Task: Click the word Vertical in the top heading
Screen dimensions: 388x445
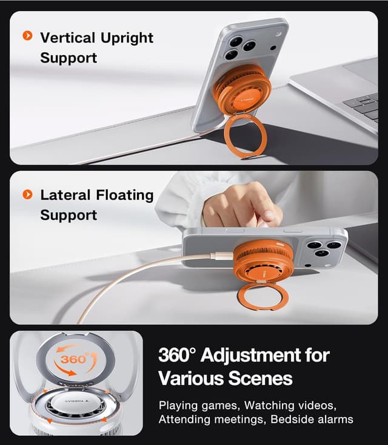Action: pyautogui.click(x=67, y=38)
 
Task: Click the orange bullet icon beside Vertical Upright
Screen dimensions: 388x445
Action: pyautogui.click(x=27, y=36)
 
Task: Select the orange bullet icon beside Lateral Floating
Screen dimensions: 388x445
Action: pyautogui.click(x=27, y=195)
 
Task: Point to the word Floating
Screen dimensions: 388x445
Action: pyautogui.click(x=125, y=196)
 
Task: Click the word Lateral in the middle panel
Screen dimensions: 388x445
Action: pyautogui.click(x=65, y=195)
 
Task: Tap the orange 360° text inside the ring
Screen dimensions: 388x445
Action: pyautogui.click(x=74, y=359)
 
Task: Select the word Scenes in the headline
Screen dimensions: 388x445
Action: pyautogui.click(x=261, y=378)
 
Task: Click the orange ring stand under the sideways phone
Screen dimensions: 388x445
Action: pyautogui.click(x=263, y=297)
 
